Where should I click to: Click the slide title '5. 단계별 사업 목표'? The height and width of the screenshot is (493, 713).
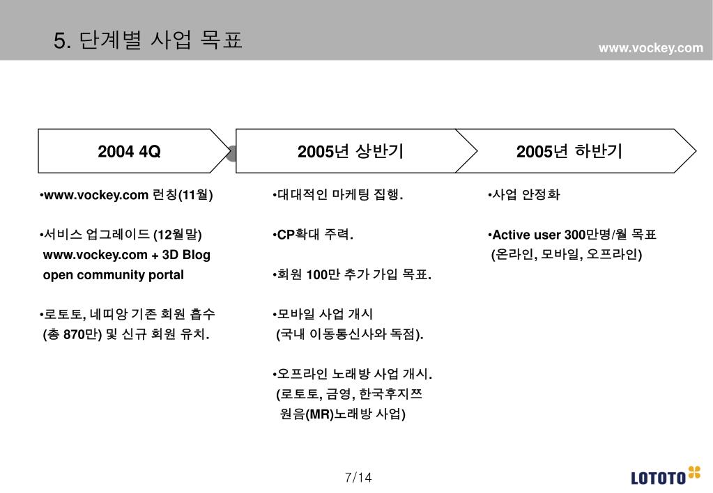coord(148,40)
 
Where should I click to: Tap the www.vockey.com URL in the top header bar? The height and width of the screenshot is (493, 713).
coord(651,47)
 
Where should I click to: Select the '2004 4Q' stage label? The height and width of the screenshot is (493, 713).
coord(130,151)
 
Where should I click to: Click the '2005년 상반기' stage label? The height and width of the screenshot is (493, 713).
coord(351,151)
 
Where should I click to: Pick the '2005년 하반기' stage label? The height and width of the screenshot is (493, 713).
coord(569,151)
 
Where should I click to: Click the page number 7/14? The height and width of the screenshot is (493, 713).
coord(358,478)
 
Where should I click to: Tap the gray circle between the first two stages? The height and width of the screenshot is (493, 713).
coord(231,153)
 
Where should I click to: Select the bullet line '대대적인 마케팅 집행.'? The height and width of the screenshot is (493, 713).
coord(339,195)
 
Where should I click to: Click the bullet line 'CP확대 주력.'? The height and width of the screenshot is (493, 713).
coord(314,235)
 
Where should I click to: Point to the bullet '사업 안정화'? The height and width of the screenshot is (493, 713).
coord(525,195)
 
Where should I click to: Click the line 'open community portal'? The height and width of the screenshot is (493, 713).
coord(114,275)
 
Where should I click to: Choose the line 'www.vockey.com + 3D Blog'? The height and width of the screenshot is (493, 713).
coord(126,255)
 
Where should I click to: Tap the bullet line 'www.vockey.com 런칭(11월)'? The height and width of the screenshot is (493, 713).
coord(127,195)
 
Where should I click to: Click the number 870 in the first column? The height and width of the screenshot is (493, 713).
coord(73,335)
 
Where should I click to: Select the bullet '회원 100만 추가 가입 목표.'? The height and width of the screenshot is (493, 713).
coord(353,275)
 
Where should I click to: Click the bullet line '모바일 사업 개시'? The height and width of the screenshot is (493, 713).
coord(325,315)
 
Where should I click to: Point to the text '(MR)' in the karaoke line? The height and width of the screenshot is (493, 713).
coord(321,414)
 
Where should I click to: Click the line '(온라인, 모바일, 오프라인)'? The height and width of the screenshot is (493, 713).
coord(567,255)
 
